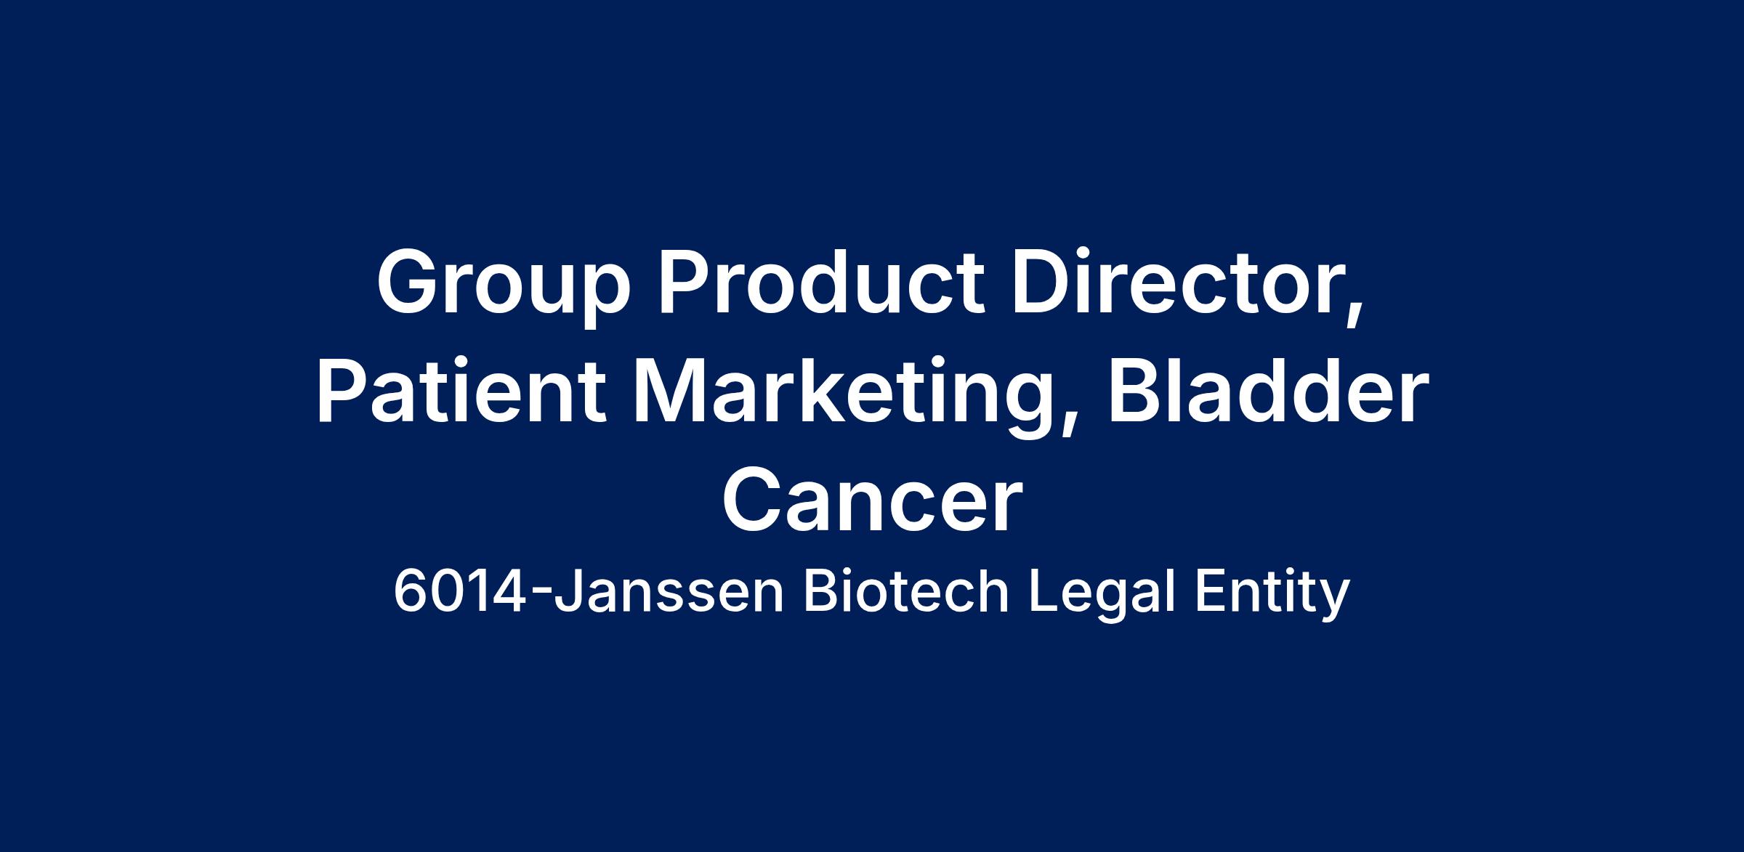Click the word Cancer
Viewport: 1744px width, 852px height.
click(872, 500)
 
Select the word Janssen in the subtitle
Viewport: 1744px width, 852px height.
click(669, 593)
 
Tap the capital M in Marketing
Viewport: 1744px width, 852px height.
click(673, 391)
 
